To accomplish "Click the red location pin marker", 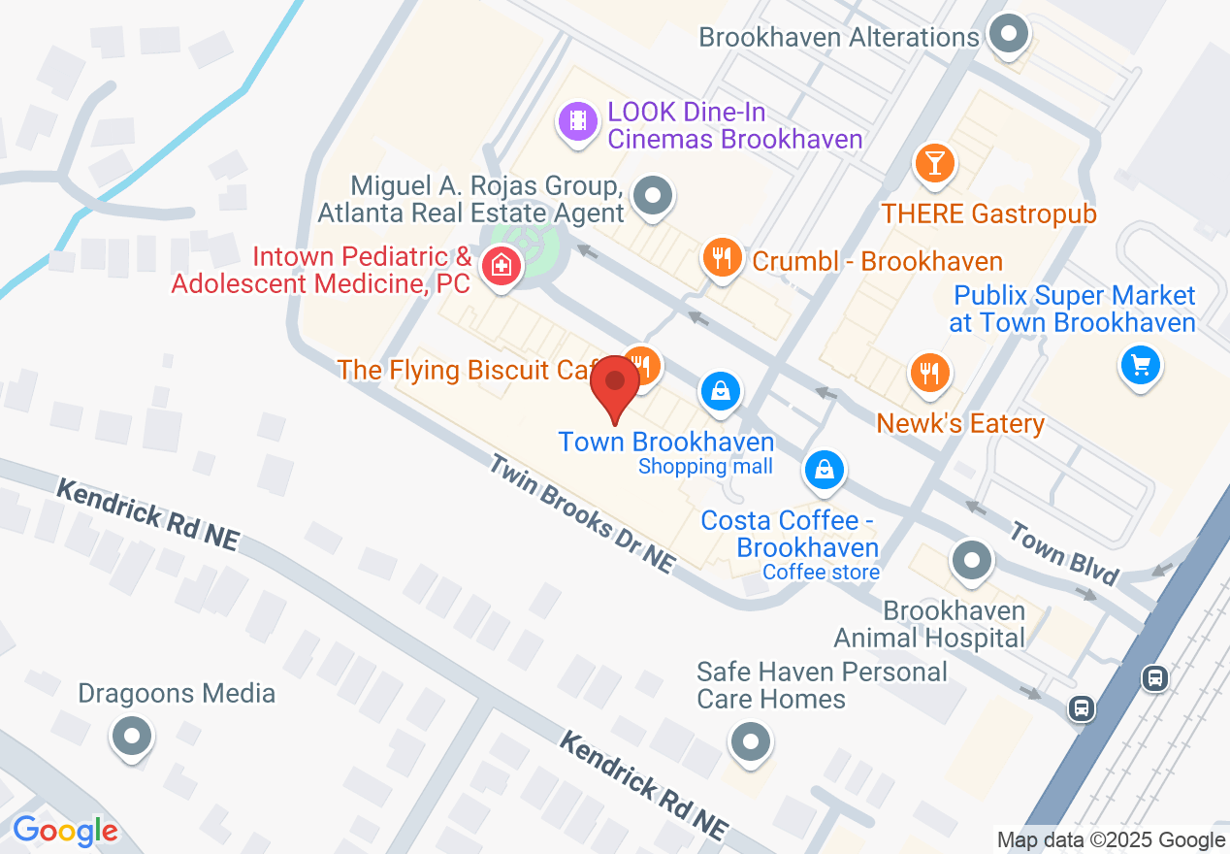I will pyautogui.click(x=615, y=385).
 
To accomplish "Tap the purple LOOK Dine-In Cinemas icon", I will pyautogui.click(x=578, y=121).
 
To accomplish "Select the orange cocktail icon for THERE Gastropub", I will pyautogui.click(x=934, y=162).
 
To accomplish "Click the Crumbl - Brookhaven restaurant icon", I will pyautogui.click(x=721, y=258).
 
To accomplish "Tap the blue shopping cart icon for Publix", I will pyautogui.click(x=1140, y=366).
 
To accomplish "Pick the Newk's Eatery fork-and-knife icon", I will pyautogui.click(x=929, y=372).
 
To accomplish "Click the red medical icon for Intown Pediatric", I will pyautogui.click(x=501, y=264).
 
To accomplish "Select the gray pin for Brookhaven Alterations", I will pyautogui.click(x=1009, y=36).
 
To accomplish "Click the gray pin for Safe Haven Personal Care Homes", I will pyautogui.click(x=749, y=742).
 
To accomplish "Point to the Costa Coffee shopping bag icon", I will pyautogui.click(x=824, y=471).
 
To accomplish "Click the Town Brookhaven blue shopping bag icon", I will pyautogui.click(x=721, y=391).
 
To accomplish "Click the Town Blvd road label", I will pyautogui.click(x=1064, y=552).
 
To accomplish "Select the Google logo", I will pyautogui.click(x=65, y=831).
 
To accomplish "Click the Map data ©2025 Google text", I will pyautogui.click(x=1111, y=839).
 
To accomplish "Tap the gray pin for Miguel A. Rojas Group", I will pyautogui.click(x=652, y=196).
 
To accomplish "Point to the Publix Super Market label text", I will pyautogui.click(x=1074, y=309).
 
